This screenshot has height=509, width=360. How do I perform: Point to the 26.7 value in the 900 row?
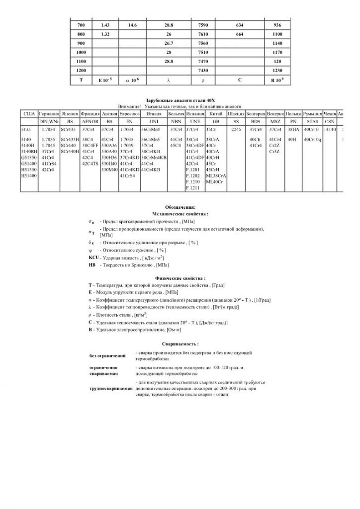(x=169, y=43)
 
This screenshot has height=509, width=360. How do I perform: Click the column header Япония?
(x=69, y=113)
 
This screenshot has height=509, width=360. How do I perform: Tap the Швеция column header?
(x=236, y=113)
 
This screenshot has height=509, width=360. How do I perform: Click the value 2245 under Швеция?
(x=236, y=129)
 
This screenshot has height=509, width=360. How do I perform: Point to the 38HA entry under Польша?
(x=293, y=129)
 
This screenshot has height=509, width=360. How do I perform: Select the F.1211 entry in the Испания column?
(x=192, y=188)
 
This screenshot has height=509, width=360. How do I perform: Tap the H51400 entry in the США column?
(x=29, y=175)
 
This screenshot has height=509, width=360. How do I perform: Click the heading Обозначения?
(x=180, y=206)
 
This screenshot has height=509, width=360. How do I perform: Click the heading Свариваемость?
(x=180, y=343)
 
